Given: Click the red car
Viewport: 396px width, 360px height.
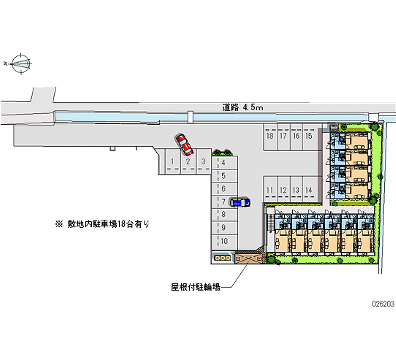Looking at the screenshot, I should click(184, 143).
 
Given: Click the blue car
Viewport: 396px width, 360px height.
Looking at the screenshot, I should click(240, 203).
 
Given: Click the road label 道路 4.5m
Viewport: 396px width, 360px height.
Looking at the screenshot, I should click(242, 106).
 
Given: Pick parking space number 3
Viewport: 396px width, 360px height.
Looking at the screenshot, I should click(203, 161).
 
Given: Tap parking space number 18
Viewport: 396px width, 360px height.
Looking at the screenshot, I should click(270, 136).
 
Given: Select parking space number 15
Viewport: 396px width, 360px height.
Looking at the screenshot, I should click(308, 136).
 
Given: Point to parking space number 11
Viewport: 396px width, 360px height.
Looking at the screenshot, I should click(270, 190).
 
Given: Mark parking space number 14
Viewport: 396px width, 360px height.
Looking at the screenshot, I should click(308, 190).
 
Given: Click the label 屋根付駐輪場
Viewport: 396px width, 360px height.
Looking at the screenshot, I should click(196, 286).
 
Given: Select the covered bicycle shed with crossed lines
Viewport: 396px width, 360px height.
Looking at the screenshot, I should click(248, 258).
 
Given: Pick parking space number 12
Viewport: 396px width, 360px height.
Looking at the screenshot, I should click(283, 190).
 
